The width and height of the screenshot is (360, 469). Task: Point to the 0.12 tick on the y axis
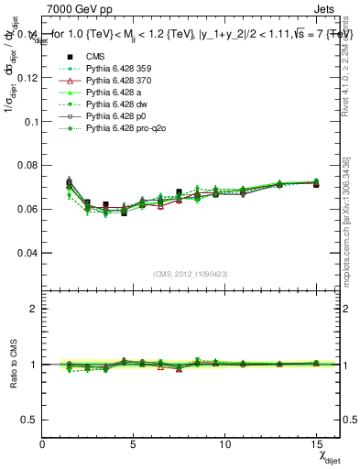(27, 78)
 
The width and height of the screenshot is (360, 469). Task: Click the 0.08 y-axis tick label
(27, 165)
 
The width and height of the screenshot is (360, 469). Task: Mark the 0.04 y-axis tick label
(27, 252)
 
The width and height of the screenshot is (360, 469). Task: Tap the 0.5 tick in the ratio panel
(29, 420)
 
